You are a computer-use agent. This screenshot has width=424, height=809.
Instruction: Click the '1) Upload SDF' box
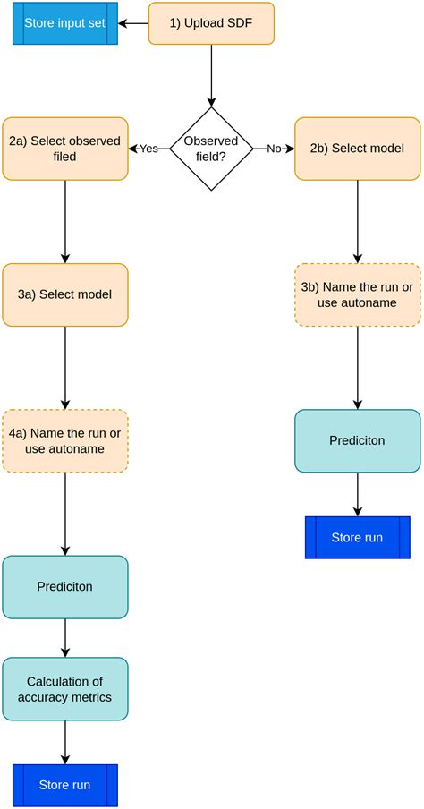[x=211, y=23]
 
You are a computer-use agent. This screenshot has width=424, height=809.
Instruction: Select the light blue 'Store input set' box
[x=65, y=23]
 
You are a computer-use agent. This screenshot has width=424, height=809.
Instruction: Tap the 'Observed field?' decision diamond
[x=211, y=149]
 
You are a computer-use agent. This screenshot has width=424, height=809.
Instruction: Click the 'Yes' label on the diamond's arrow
[x=148, y=149]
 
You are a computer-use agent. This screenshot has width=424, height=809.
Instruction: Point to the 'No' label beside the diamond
[x=275, y=149]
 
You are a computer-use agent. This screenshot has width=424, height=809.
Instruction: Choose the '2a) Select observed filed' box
[x=65, y=149]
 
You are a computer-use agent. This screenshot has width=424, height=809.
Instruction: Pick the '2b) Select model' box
[x=357, y=149]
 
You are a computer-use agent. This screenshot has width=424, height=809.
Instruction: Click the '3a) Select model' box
[x=65, y=294]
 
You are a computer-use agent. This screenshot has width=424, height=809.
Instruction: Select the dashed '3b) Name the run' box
[x=357, y=294]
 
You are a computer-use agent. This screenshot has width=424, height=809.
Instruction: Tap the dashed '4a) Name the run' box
[x=65, y=441]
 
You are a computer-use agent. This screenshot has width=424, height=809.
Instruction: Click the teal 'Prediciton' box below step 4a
[x=65, y=587]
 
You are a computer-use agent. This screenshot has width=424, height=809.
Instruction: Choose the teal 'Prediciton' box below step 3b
[x=357, y=441]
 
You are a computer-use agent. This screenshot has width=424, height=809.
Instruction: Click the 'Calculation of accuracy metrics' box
[x=65, y=689]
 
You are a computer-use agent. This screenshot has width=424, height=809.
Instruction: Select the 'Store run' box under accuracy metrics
[x=65, y=786]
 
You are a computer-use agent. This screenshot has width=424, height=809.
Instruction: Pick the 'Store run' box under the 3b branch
[x=357, y=538]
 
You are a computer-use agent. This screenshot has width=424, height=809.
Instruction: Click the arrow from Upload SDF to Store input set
[x=134, y=23]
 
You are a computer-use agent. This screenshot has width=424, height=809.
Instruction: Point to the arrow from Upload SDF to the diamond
[x=211, y=76]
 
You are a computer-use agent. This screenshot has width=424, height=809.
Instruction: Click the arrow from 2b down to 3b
[x=357, y=221]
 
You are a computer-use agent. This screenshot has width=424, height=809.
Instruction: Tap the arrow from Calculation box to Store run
[x=65, y=742]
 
